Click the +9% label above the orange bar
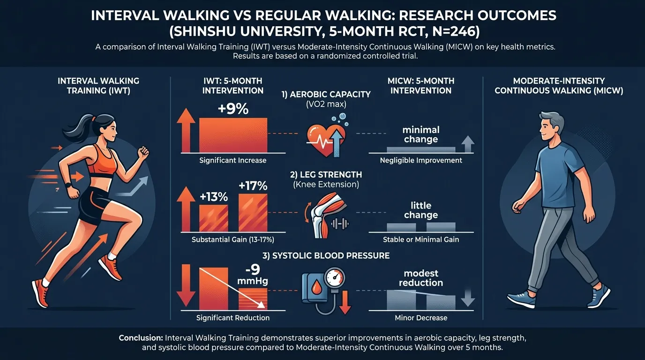[x=233, y=109]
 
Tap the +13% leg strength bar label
[x=213, y=197]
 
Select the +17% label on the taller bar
[x=253, y=186]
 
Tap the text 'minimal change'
[x=421, y=134]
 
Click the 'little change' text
[x=421, y=210]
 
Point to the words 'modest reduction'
[x=421, y=278]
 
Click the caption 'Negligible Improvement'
[x=421, y=160]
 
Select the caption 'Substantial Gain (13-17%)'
[x=233, y=240]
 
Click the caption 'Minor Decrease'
[x=421, y=318]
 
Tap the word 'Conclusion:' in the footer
[x=141, y=338]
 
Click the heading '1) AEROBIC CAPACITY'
[x=326, y=94]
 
